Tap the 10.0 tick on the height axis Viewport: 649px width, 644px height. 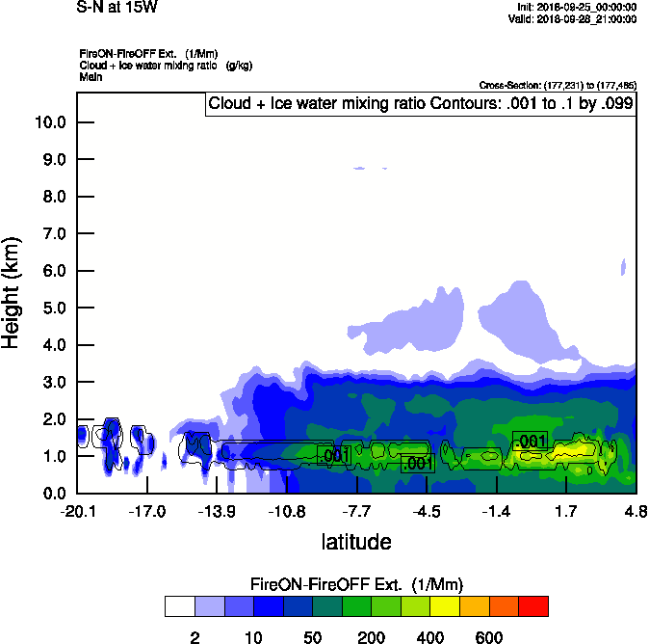click(49, 122)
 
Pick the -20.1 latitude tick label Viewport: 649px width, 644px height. click(77, 511)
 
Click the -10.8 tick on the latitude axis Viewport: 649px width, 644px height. click(287, 511)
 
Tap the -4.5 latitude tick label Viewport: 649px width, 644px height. click(427, 511)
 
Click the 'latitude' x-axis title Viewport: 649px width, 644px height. click(355, 541)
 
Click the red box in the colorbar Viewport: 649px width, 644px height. click(533, 606)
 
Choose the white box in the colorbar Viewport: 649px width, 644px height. click(179, 606)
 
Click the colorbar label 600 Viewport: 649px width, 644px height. click(489, 637)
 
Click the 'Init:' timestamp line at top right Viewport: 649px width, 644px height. click(576, 8)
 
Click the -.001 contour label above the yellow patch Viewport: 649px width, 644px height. click(529, 442)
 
